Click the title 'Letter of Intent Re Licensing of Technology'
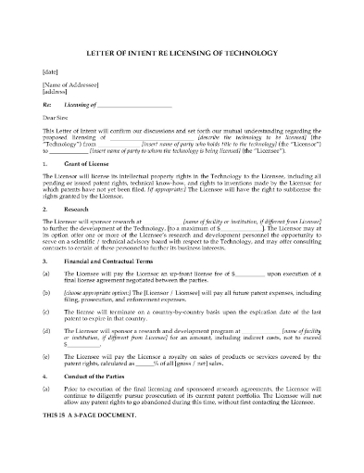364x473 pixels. [x=182, y=53]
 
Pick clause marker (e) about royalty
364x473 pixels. [x=46, y=384]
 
